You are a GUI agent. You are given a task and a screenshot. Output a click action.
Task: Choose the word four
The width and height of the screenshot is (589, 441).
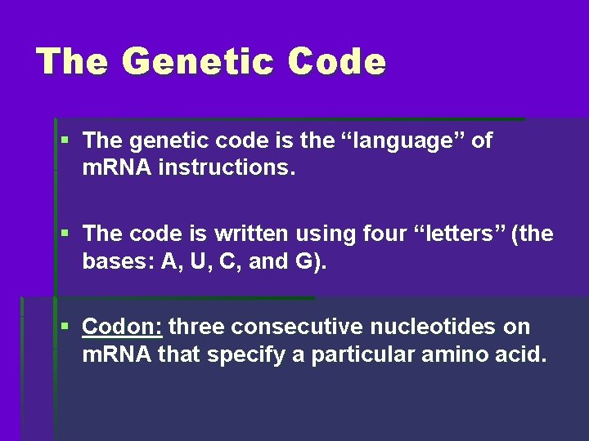[366, 234]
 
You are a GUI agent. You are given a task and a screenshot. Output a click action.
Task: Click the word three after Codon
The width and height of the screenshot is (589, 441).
[197, 327]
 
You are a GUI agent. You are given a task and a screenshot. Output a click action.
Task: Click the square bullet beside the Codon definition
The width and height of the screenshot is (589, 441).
[65, 326]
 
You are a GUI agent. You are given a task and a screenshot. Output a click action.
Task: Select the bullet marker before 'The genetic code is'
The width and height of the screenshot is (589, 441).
[65, 140]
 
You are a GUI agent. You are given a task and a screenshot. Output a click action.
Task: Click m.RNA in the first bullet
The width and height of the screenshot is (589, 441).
[111, 168]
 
